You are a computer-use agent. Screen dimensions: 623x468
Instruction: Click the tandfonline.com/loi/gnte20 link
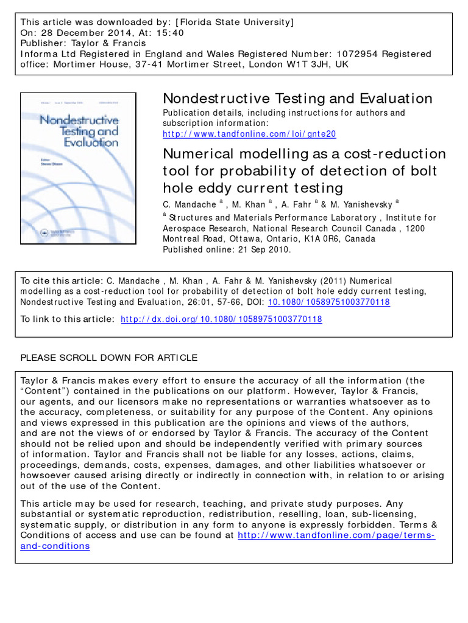(249, 133)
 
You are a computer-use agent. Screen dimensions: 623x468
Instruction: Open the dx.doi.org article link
(222, 319)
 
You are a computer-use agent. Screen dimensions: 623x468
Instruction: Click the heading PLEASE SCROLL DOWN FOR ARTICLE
(109, 357)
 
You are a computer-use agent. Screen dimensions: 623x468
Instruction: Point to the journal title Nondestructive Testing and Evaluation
(297, 99)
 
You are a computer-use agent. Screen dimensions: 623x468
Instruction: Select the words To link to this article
(67, 319)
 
